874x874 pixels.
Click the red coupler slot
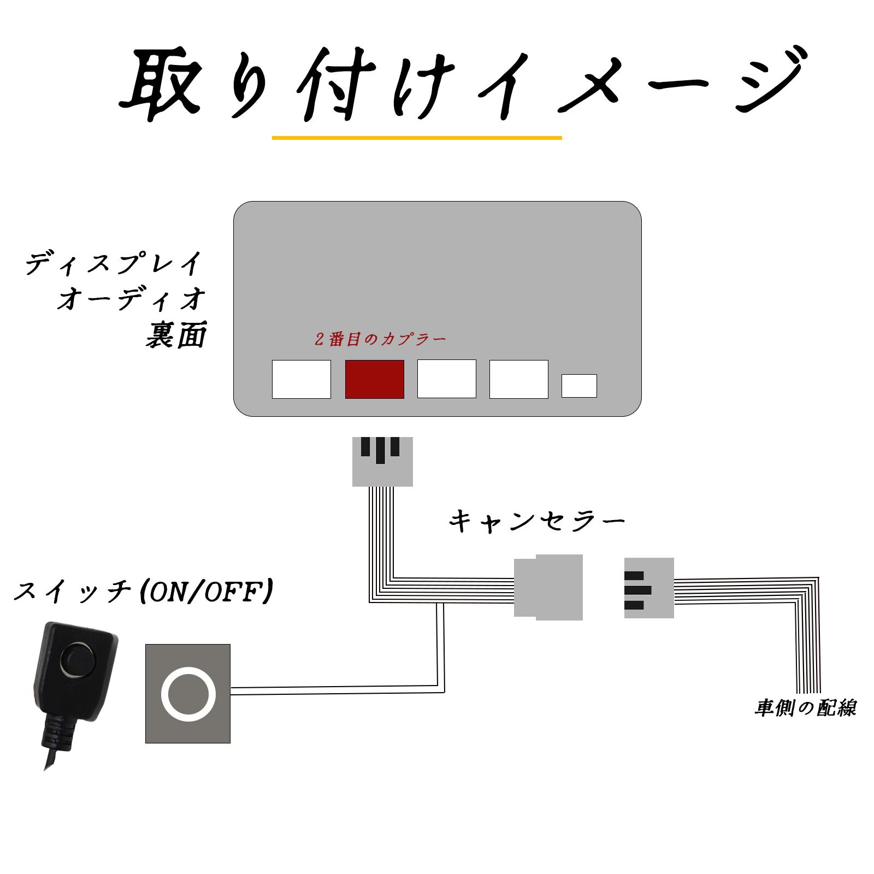[x=375, y=379]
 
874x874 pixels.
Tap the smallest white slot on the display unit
[x=579, y=386]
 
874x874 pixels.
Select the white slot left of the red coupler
[x=302, y=379]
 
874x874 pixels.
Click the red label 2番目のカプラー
[x=380, y=339]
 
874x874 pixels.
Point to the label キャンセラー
[x=536, y=521]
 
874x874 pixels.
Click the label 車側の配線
[x=806, y=708]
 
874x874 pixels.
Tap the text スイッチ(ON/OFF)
[x=143, y=591]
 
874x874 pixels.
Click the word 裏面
[x=176, y=335]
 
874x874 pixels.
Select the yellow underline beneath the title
[x=417, y=138]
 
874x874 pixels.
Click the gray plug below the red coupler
[x=382, y=462]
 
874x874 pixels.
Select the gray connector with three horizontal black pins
[x=649, y=588]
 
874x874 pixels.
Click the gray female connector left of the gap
[x=548, y=587]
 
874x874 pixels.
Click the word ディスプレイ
[x=114, y=263]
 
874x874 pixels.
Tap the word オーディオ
[x=132, y=299]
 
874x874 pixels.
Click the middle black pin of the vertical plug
[x=381, y=450]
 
